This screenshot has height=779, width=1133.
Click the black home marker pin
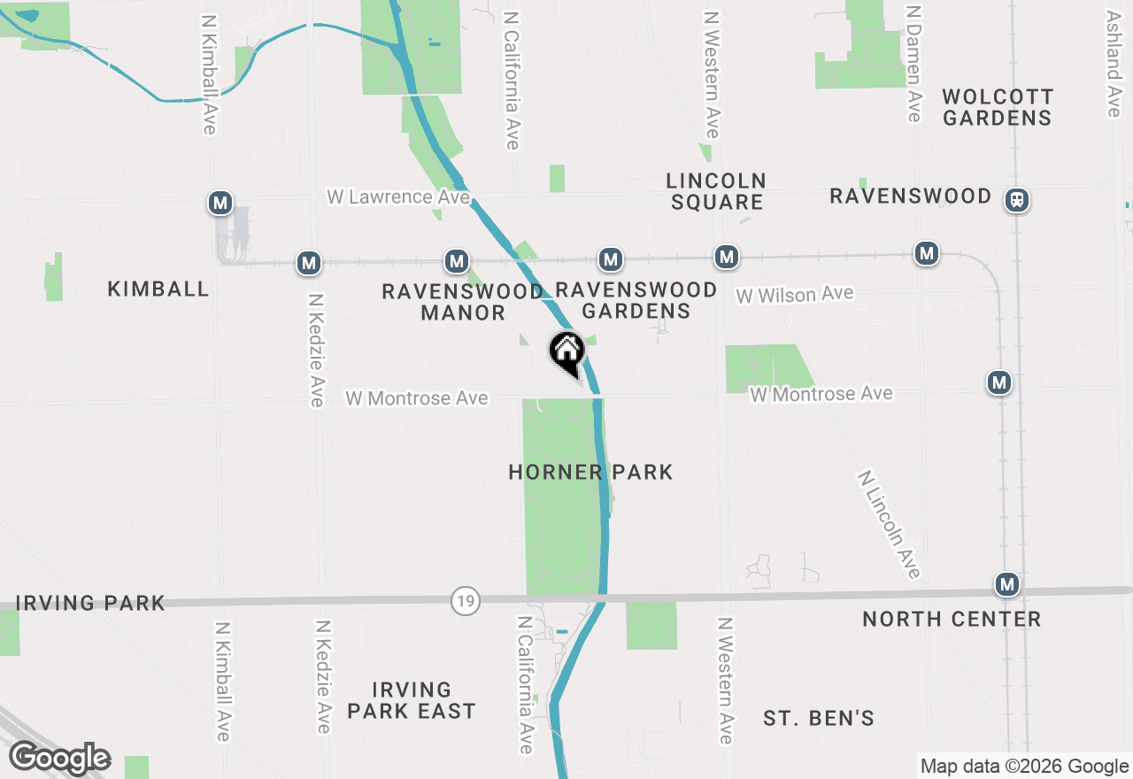point(567,353)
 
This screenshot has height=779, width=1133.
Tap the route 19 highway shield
point(465,601)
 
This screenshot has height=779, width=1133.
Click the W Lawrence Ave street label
point(398,197)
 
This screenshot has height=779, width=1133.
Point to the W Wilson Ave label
point(795,294)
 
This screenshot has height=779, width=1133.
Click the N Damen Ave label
point(913,62)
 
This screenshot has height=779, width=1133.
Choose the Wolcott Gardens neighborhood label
point(997,107)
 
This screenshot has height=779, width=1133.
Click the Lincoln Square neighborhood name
point(716,191)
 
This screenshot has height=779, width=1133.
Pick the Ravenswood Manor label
point(463,301)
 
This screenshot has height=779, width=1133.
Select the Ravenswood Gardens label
point(636,299)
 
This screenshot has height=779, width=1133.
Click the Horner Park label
point(590,472)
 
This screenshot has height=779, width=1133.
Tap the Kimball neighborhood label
point(158,289)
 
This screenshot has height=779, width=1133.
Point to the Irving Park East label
point(412,699)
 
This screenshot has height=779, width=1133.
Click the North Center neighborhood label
point(952,619)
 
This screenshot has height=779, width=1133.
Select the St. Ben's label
point(819,717)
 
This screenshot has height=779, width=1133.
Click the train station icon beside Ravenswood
point(1017,200)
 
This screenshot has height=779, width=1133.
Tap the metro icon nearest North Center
point(1006,584)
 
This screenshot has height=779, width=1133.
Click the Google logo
point(60,758)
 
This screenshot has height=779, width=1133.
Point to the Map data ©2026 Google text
point(1023,767)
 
